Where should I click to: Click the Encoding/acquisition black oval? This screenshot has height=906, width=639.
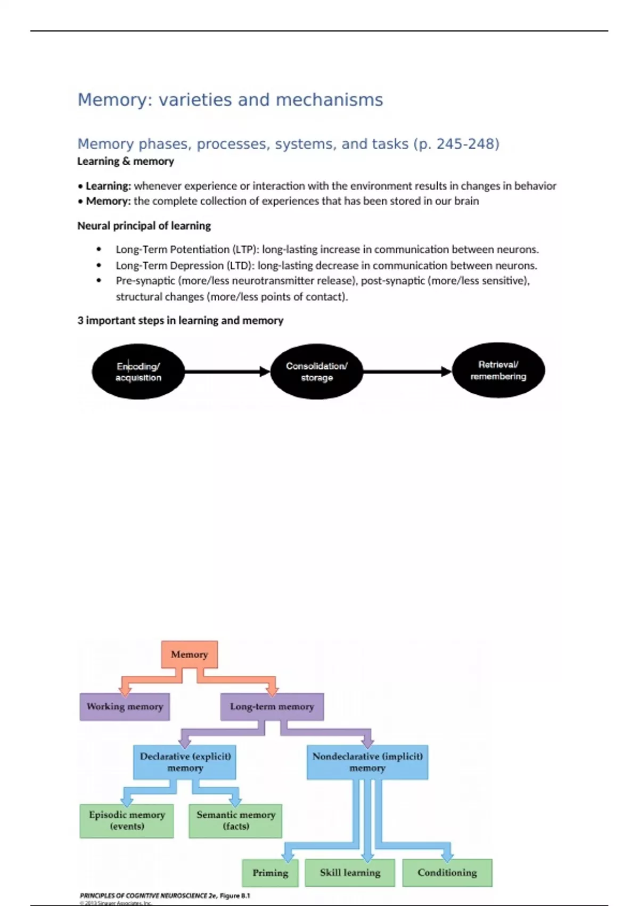pos(138,372)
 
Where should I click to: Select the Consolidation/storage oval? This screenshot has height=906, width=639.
pos(317,372)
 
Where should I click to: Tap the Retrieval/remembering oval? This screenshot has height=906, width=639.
pos(498,370)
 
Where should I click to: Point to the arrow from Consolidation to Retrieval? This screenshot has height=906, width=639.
pos(407,371)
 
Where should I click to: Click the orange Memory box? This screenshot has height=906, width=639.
pos(189,654)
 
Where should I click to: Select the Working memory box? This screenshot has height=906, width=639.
pos(125,707)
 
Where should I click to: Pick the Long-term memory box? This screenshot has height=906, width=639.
pos(272,707)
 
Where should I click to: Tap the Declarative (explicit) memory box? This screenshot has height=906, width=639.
pos(185,762)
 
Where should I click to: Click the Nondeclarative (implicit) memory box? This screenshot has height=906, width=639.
pos(367,762)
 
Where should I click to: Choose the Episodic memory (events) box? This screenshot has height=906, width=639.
pos(127,821)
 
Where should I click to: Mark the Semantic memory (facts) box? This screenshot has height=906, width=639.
pos(235,821)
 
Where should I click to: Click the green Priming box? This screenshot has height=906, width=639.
pos(270,873)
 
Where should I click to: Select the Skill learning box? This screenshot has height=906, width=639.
pos(350,873)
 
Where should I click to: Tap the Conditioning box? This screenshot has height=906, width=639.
pos(447,873)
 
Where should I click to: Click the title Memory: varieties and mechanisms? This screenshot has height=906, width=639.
pos(230,100)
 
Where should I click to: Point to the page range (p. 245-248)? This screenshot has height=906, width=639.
pos(456,144)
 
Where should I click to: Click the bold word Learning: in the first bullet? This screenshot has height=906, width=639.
pos(108,186)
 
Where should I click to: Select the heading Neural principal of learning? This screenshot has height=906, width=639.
pos(144,225)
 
